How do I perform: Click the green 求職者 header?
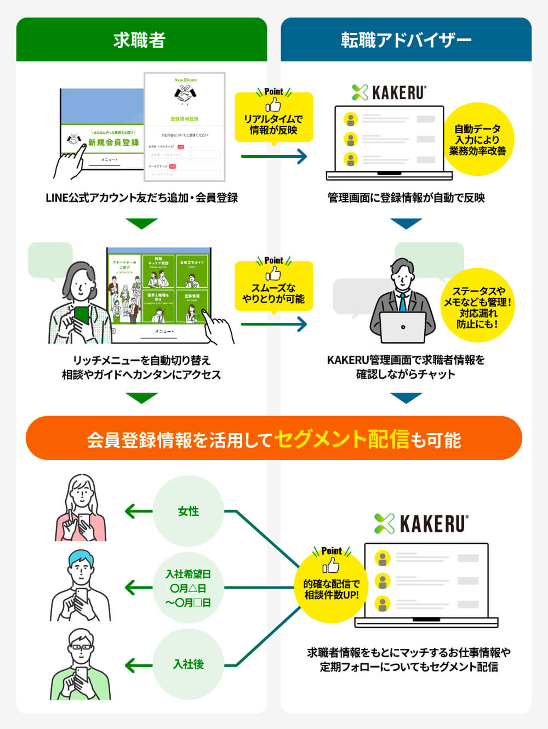(x=141, y=40)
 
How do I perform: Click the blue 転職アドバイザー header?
(x=406, y=40)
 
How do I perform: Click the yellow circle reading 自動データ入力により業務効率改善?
(x=478, y=140)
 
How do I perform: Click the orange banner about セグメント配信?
(x=274, y=438)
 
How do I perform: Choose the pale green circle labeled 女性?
(x=189, y=511)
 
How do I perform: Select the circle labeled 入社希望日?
(x=189, y=588)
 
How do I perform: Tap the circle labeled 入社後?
(x=189, y=664)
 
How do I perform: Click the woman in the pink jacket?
(x=81, y=510)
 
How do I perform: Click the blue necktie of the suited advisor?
(x=403, y=302)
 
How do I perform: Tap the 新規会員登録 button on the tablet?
(x=114, y=142)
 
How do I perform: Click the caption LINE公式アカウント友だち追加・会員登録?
(x=141, y=198)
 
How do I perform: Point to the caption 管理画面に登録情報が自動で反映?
(x=406, y=198)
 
